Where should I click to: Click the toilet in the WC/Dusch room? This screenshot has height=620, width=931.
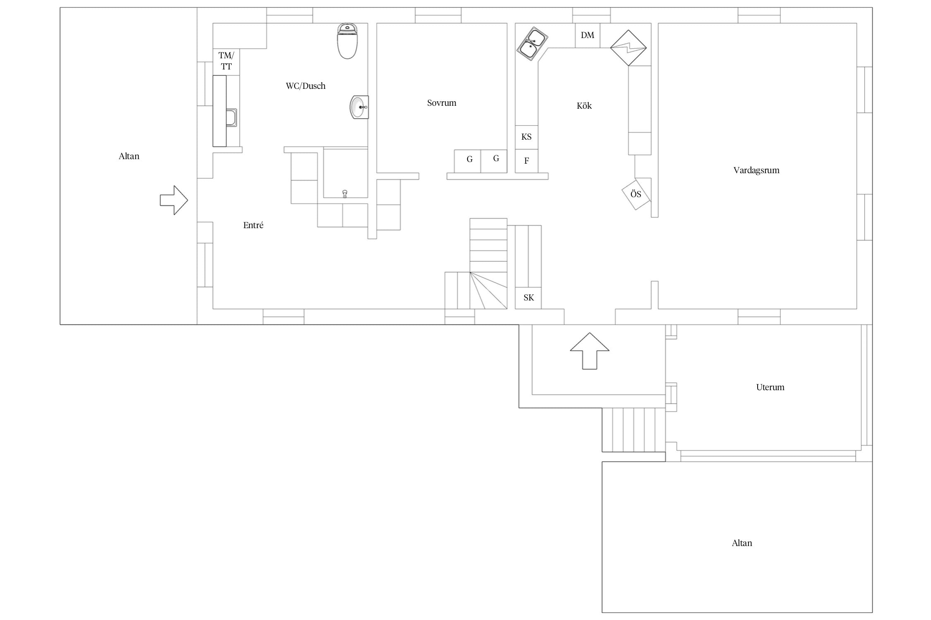[x=347, y=41]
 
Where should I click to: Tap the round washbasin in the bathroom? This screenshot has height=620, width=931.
[x=359, y=107]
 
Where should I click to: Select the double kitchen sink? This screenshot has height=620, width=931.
[x=532, y=44]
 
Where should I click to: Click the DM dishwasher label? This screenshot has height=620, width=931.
[x=588, y=35]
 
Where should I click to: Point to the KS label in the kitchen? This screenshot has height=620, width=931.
[x=526, y=137]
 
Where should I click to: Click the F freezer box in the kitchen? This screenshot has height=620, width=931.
[x=526, y=161]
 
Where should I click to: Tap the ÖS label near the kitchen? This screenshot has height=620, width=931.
[x=636, y=194]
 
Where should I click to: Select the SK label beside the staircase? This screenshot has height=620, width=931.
[x=528, y=298]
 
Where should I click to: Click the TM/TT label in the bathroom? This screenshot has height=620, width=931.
[x=226, y=61]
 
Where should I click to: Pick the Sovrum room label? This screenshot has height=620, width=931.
[x=442, y=103]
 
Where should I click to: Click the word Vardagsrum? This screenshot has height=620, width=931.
[x=756, y=170]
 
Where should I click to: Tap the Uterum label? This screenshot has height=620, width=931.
[x=770, y=387]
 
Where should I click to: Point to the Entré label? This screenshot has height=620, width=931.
[x=253, y=225]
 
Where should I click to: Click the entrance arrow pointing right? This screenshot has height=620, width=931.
[x=174, y=200]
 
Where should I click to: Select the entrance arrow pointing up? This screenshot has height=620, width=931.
[x=590, y=351]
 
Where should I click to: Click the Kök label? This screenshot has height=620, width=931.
[x=584, y=106]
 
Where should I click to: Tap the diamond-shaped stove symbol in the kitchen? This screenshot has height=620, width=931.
[x=629, y=48]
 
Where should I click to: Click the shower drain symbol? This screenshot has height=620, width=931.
[x=345, y=194]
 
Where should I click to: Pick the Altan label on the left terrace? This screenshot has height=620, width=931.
[x=129, y=156]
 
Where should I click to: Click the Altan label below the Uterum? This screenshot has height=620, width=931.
[x=742, y=543]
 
